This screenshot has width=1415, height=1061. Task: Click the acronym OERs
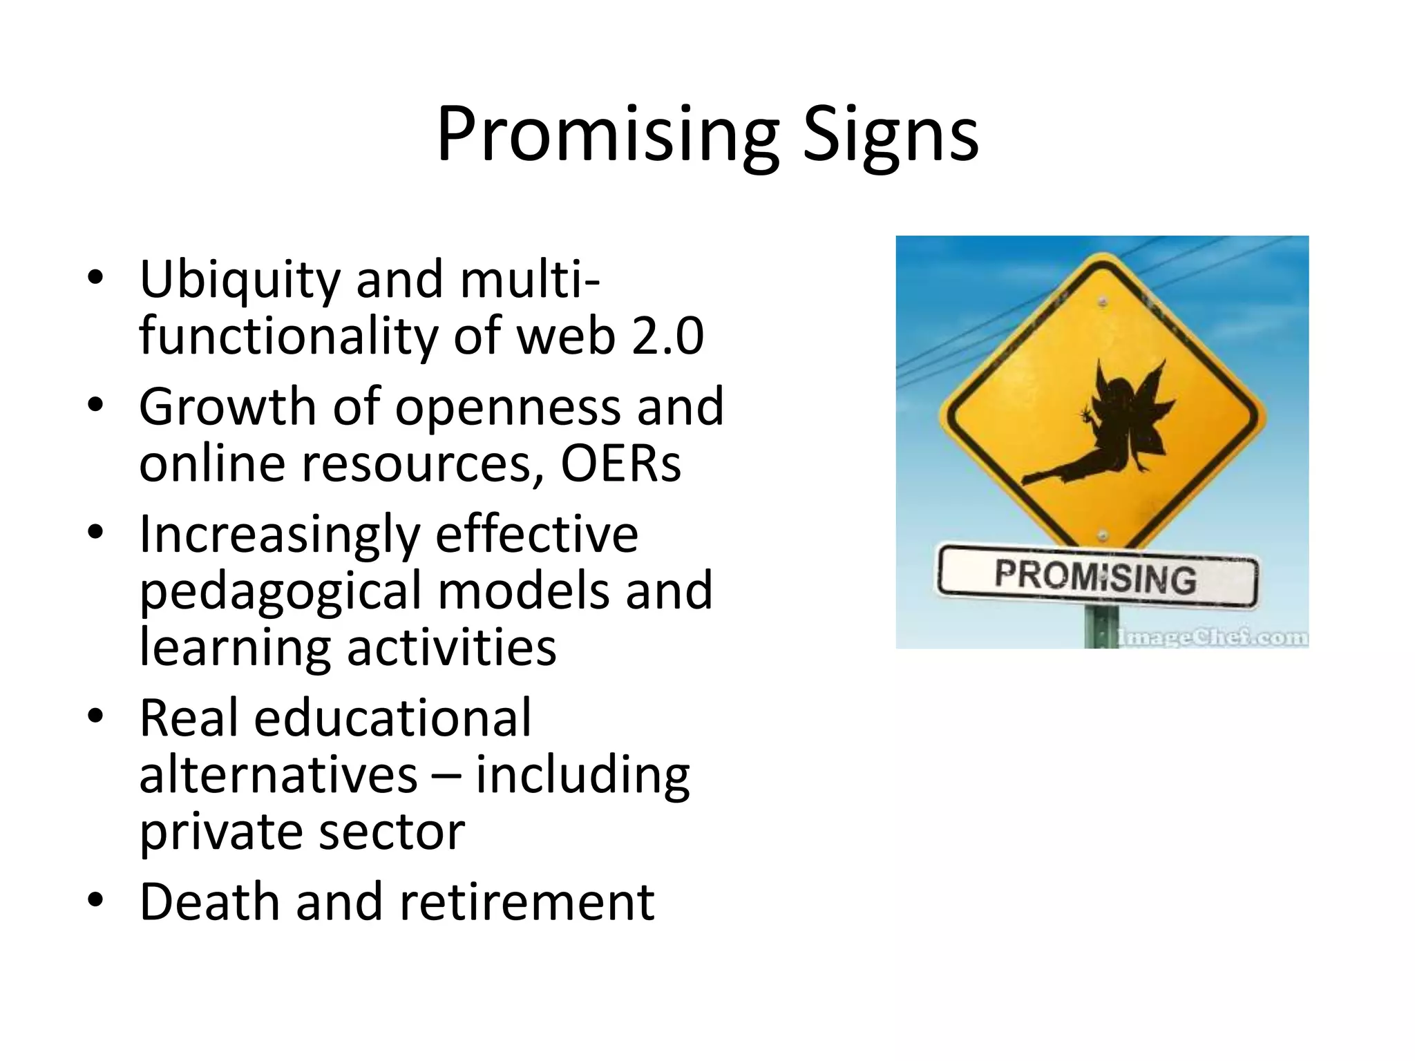[x=620, y=463]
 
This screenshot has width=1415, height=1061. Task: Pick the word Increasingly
[x=280, y=536]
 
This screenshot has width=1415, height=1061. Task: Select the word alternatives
[x=278, y=775]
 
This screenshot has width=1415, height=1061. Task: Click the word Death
[x=209, y=902]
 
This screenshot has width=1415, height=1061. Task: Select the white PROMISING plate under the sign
[x=1096, y=577]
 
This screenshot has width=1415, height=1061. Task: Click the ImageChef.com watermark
[x=1213, y=637]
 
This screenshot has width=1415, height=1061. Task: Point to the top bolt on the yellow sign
[x=1103, y=302]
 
